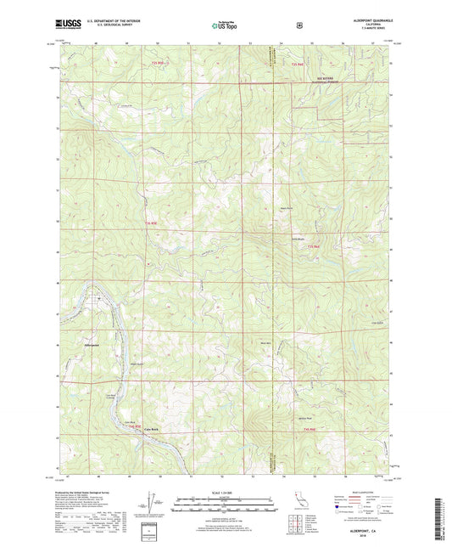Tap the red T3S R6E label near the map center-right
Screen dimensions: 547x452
click(x=313, y=246)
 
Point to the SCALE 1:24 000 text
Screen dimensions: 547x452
click(x=225, y=493)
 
